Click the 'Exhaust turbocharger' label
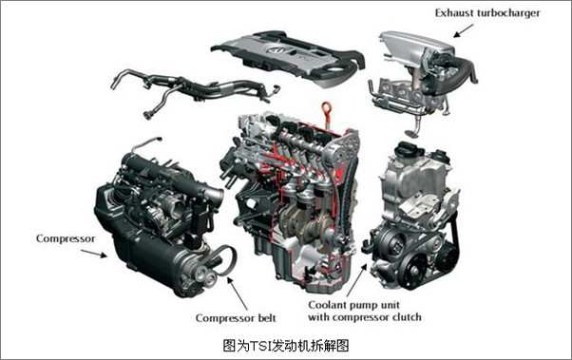487,13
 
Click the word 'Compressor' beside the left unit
66,239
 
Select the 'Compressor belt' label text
236,318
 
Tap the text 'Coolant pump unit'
353,305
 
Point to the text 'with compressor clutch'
365,317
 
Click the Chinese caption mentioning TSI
286,345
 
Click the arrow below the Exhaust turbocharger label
464,30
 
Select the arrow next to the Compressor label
94,254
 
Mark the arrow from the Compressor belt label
238,294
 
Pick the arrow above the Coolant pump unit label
356,280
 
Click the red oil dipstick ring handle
327,107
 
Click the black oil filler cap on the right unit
408,148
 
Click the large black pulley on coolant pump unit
413,271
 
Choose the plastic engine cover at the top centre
288,57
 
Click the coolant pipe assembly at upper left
193,89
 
